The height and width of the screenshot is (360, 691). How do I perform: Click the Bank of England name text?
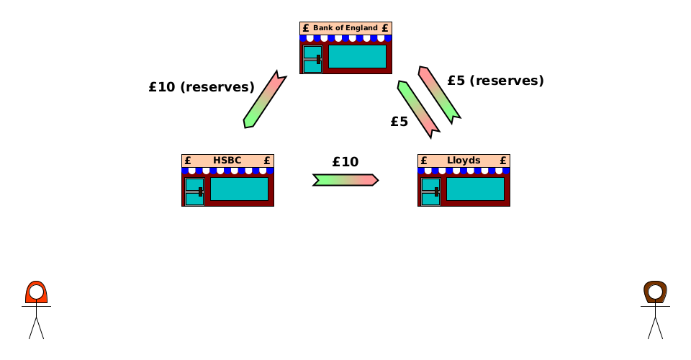pos(345,28)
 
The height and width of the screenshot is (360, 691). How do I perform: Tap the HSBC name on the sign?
pos(227,161)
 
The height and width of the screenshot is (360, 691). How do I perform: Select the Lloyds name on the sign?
pos(464,161)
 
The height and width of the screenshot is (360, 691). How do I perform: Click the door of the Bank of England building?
pos(312,60)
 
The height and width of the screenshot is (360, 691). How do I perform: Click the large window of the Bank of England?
pos(357,57)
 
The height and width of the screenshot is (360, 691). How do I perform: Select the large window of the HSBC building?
pos(239,189)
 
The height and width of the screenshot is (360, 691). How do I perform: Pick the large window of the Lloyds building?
pos(475,189)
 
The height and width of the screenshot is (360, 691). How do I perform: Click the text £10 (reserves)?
pos(202,87)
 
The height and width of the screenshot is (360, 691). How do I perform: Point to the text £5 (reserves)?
pos(495,81)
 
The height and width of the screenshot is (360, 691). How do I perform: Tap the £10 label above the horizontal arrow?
pos(345,162)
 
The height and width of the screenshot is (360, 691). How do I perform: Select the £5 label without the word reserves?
pos(399,122)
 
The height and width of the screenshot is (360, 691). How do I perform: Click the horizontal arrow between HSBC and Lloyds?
pos(345,180)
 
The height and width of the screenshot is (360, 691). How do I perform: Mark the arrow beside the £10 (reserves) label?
pos(264,99)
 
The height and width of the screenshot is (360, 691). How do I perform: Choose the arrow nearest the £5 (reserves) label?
pos(439,94)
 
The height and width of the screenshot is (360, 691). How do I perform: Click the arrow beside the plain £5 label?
pos(418,109)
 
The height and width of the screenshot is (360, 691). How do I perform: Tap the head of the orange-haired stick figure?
pos(36,293)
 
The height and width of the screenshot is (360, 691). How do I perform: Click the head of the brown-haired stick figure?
pos(655,293)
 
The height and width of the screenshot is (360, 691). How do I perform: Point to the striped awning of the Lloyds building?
pos(464,171)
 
